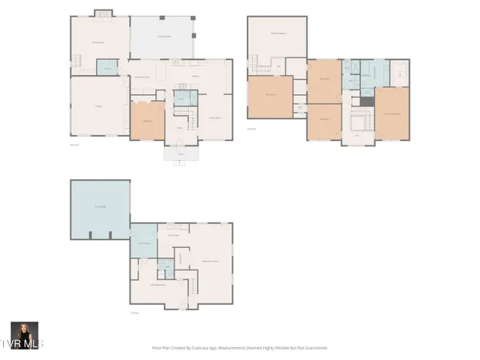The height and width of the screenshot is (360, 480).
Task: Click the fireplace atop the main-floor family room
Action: [x=102, y=13]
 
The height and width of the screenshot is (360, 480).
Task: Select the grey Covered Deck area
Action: [x=163, y=37]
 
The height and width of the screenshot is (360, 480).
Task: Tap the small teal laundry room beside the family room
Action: [x=106, y=68]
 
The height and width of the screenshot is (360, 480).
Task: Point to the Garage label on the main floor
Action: [x=99, y=106]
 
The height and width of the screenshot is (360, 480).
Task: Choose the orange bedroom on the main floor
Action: [x=147, y=121]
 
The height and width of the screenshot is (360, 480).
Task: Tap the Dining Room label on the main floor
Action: [x=214, y=118]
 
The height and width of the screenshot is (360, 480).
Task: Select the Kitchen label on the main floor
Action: [x=194, y=77]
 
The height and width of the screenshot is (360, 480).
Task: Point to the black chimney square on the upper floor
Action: [x=366, y=102]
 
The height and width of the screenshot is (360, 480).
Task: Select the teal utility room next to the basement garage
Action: [x=145, y=242]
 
